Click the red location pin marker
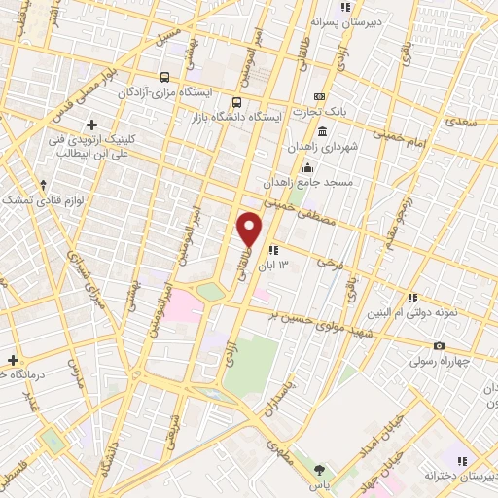[x=249, y=229]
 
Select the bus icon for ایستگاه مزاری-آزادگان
[x=165, y=77]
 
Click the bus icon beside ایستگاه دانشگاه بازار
[x=236, y=102]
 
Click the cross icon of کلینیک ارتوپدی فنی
[x=92, y=124]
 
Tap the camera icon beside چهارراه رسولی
[x=439, y=346]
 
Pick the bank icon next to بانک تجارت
[x=319, y=97]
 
